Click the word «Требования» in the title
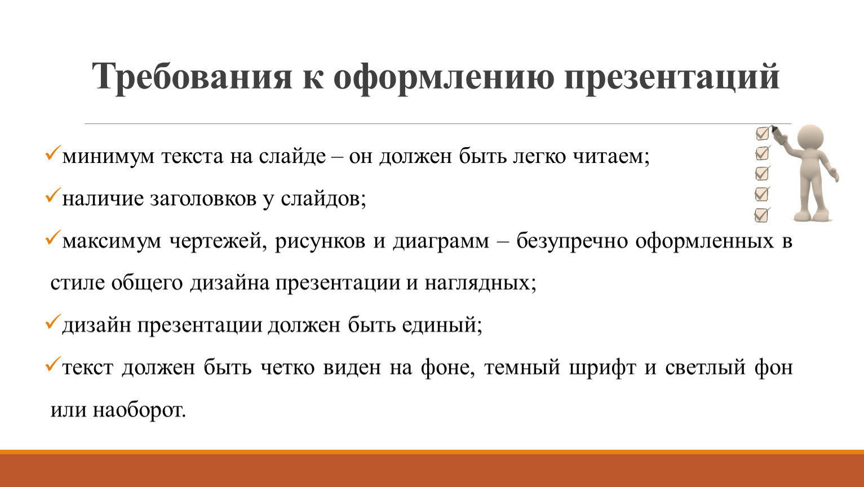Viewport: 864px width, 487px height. click(192, 77)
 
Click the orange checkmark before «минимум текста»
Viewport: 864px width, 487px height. click(53, 153)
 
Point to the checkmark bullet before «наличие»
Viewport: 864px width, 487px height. click(53, 195)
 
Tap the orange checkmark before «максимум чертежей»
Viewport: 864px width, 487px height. click(53, 237)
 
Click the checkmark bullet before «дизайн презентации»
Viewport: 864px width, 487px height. click(53, 321)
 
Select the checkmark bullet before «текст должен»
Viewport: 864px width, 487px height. click(53, 364)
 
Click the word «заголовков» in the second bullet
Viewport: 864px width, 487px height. click(203, 199)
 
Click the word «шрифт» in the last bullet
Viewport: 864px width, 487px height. click(602, 368)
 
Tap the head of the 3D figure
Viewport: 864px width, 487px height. click(810, 139)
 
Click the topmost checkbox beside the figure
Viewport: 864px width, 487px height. click(762, 134)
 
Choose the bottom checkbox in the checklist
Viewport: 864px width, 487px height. click(761, 215)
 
